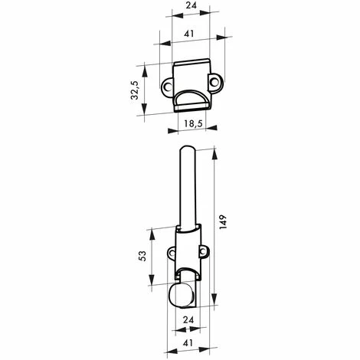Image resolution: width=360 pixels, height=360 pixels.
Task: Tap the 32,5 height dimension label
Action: pos(135,90)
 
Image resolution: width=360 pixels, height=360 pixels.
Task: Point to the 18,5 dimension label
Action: pos(192,123)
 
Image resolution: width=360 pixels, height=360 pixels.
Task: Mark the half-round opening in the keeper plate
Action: pos(191,98)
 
